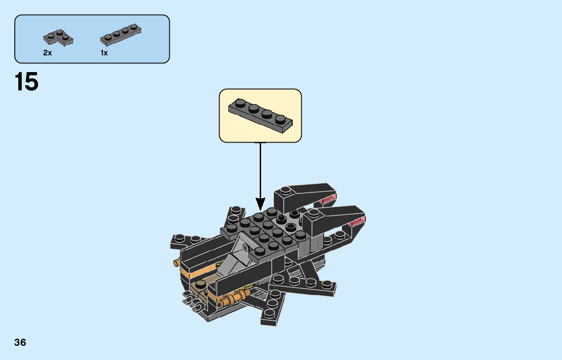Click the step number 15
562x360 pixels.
tap(26, 82)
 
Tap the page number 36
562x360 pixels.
tap(20, 342)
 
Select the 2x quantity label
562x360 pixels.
tap(47, 53)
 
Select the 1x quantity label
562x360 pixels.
tap(104, 53)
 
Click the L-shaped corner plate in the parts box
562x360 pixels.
tap(57, 37)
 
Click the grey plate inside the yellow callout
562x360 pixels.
tap(260, 116)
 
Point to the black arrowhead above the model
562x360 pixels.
tap(260, 204)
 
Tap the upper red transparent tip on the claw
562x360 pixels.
tap(329, 199)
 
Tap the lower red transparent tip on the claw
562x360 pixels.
tap(358, 220)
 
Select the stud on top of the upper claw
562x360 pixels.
tap(286, 190)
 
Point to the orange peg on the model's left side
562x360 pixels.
tap(177, 263)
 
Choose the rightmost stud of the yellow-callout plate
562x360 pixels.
tap(280, 119)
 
